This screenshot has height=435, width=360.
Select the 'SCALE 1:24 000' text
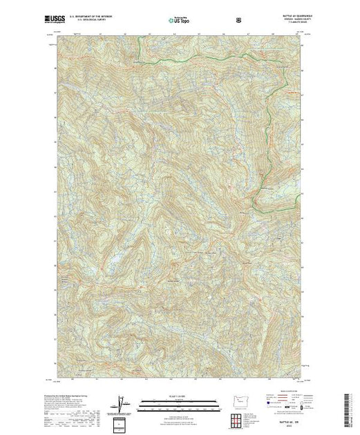point(179,393)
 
